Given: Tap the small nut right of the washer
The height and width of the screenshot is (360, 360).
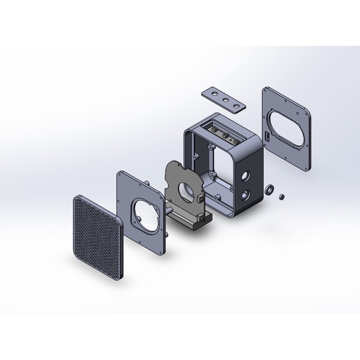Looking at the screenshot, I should tap(282, 197).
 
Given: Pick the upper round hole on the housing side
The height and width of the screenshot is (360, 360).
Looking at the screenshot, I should tap(246, 175).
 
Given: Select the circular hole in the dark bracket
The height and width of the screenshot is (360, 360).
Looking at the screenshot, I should tap(186, 191).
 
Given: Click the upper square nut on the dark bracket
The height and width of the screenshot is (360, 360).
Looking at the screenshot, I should tap(200, 198).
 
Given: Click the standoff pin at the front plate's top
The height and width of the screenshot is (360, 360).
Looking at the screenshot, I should tap(148, 182).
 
